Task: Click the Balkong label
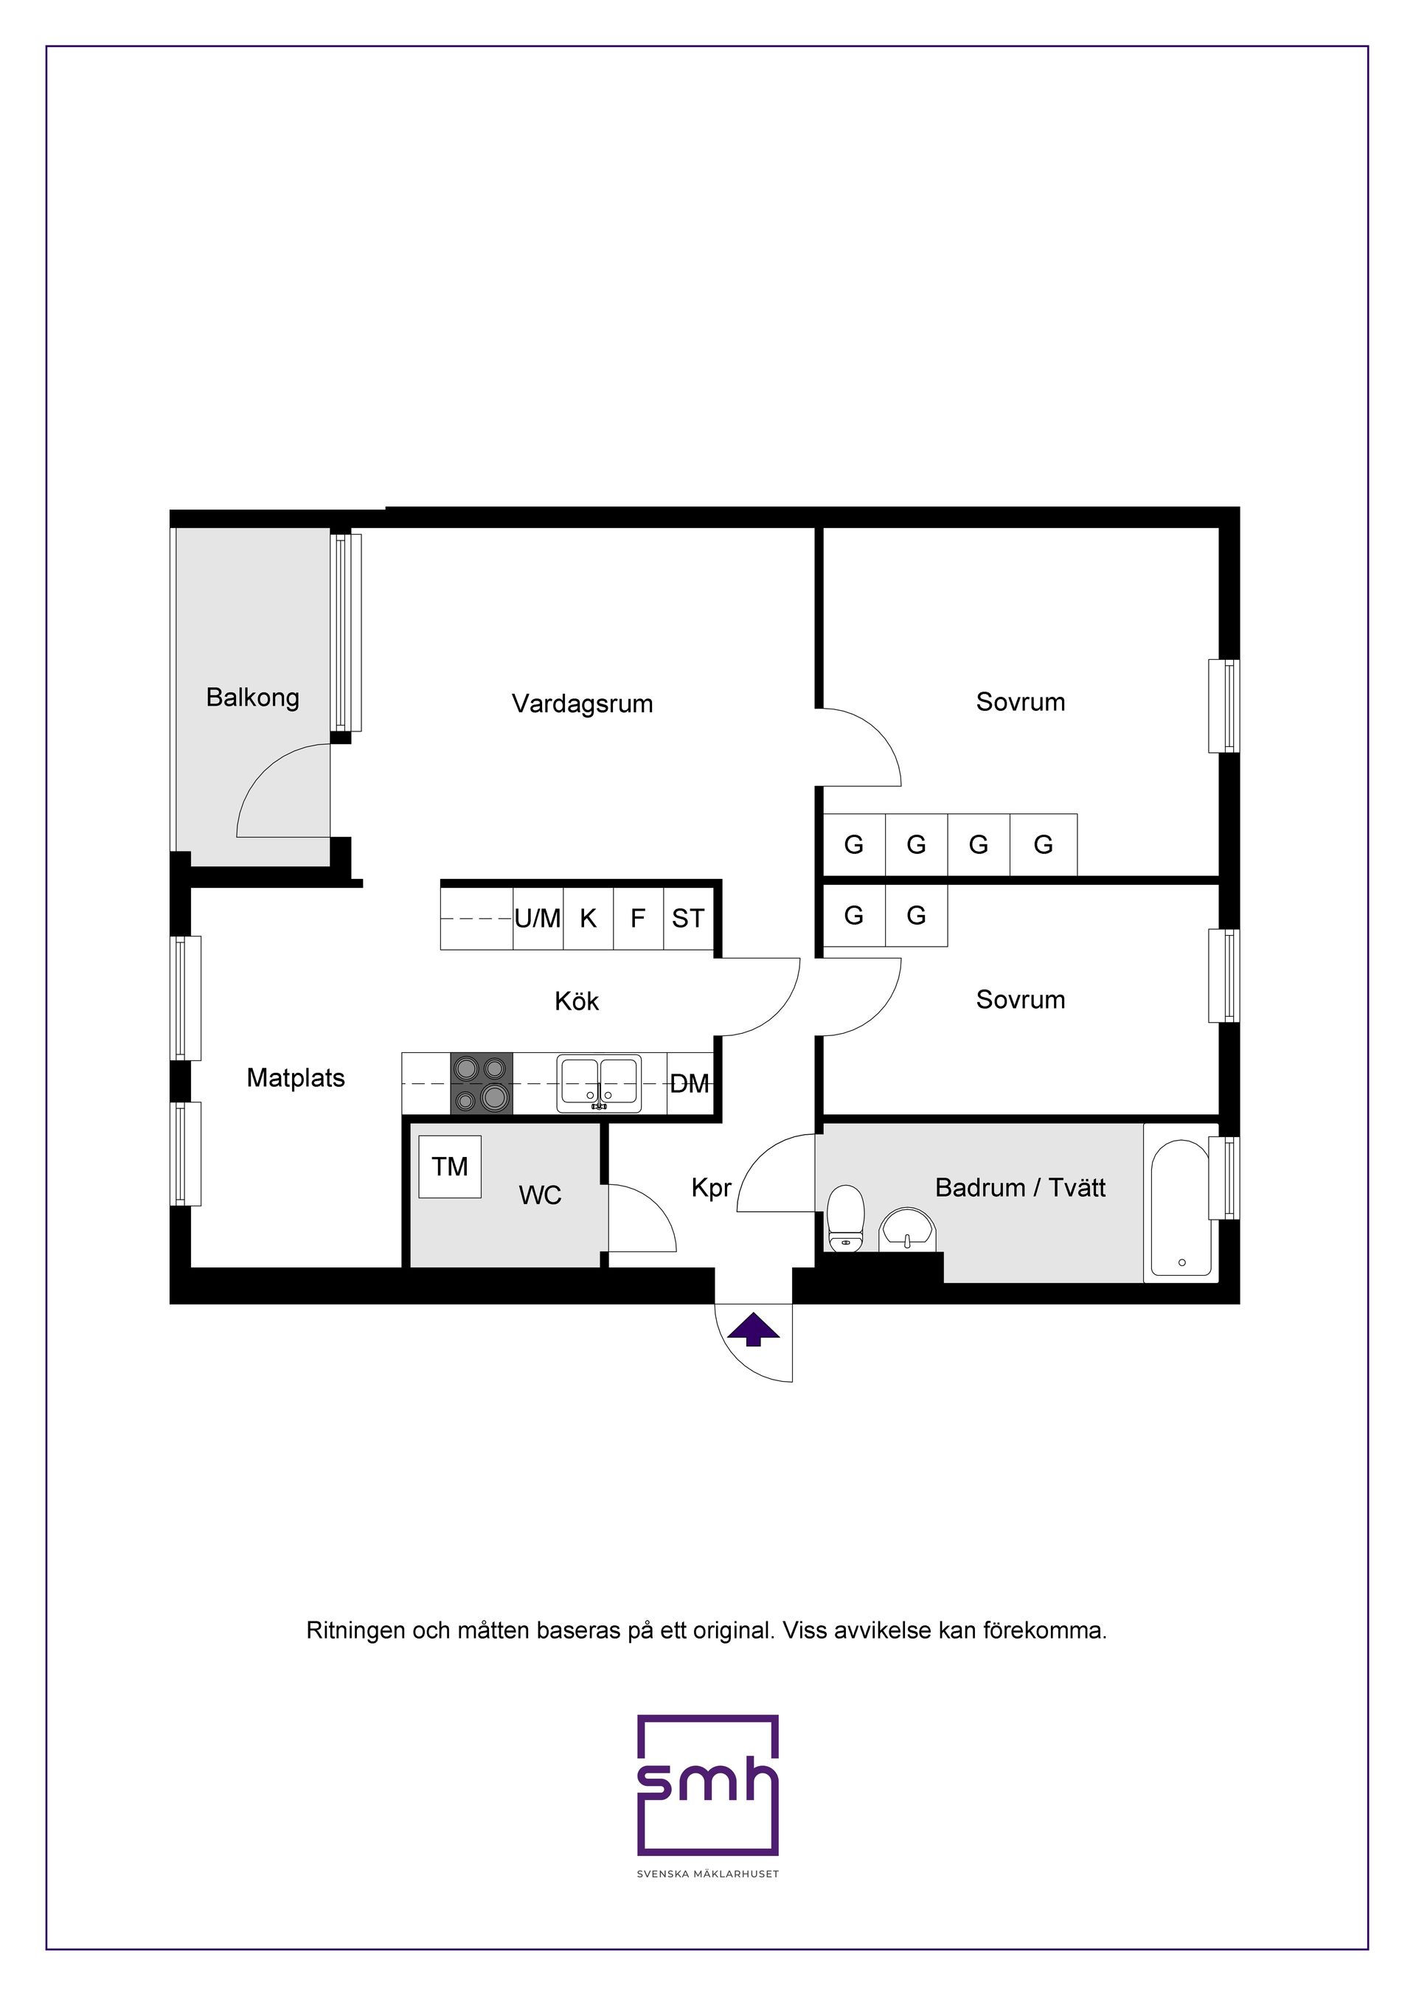(252, 698)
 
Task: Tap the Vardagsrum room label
(582, 703)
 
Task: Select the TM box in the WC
(449, 1166)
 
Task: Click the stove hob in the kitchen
(482, 1083)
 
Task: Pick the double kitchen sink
(599, 1084)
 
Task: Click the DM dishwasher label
(689, 1084)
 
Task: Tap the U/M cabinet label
(537, 918)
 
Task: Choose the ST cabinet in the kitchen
(687, 918)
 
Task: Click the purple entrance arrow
(753, 1330)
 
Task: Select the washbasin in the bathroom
(908, 1228)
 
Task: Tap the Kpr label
(711, 1188)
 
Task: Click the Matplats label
(296, 1078)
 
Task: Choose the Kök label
(576, 1001)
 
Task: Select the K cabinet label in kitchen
(588, 918)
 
